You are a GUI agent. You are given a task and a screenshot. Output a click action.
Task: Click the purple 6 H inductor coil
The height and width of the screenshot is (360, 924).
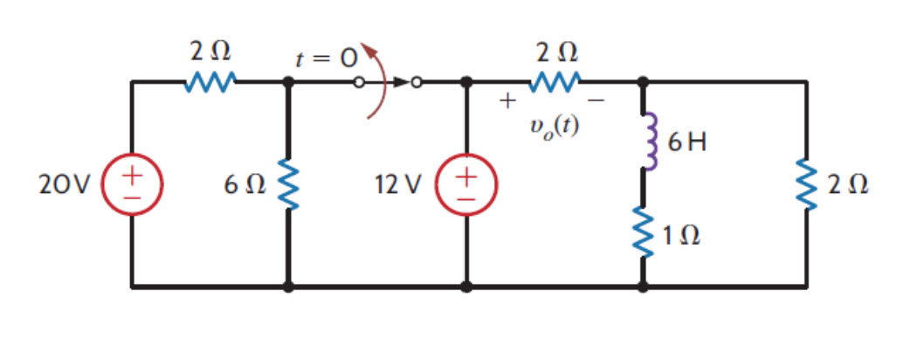point(647,141)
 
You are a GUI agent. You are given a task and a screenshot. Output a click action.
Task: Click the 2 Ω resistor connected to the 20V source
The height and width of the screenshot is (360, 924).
point(210,83)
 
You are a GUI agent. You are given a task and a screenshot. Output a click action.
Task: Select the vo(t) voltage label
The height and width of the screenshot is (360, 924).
point(555,126)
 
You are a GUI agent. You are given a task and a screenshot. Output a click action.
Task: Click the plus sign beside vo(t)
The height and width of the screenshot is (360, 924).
point(506,101)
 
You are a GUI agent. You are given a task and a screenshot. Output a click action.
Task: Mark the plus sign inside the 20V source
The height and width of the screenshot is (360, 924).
point(131,175)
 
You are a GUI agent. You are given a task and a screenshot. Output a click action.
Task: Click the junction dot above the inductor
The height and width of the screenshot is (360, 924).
point(645,83)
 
